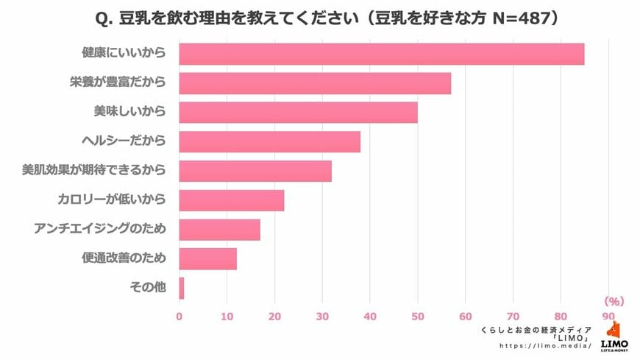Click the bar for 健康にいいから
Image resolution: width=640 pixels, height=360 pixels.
tap(382, 54)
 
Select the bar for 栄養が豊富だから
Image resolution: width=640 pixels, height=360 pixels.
tap(315, 83)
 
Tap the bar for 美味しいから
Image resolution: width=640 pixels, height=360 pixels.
tap(298, 112)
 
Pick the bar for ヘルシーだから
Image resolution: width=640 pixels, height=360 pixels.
tap(270, 141)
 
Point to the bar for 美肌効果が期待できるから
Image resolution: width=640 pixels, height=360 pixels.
tap(255, 171)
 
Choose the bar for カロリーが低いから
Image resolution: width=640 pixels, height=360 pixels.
tap(232, 200)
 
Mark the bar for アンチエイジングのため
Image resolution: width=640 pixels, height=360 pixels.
tap(219, 230)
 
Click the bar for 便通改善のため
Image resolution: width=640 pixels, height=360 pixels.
tap(207, 258)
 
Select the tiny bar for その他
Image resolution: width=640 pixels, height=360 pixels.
tap(182, 288)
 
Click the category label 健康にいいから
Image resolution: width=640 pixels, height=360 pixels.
tap(124, 54)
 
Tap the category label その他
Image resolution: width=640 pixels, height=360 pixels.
tap(152, 288)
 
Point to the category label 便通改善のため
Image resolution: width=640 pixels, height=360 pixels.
tap(124, 258)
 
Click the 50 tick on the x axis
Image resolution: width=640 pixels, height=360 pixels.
tap(418, 317)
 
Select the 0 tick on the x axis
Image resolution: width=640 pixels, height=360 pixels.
tap(179, 317)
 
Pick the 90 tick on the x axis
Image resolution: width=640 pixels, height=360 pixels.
tap(608, 317)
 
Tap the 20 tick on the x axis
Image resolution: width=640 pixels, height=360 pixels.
tap(274, 317)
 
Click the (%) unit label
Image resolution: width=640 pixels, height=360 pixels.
tap(614, 301)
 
